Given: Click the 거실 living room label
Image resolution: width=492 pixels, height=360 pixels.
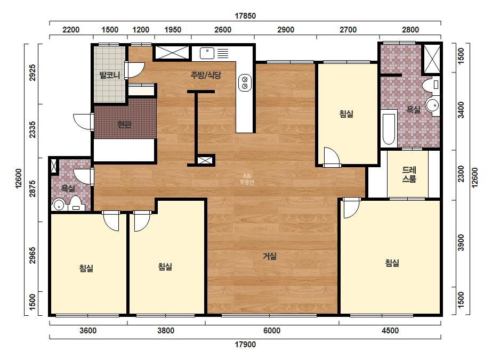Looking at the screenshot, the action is [x=270, y=256].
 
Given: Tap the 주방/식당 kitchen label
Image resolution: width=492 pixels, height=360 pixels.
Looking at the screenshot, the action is [x=206, y=75].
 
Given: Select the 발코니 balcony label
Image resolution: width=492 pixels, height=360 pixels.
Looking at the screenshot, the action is [x=109, y=75].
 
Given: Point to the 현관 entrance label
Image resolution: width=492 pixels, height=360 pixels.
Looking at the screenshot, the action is [x=124, y=125].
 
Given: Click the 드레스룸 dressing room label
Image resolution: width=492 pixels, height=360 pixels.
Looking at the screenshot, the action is [x=409, y=174].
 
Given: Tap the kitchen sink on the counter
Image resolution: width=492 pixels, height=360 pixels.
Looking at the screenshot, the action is [x=207, y=53].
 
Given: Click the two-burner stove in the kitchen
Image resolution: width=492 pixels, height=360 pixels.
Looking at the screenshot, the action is [x=245, y=83].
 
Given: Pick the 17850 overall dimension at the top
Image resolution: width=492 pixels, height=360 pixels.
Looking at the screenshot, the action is [x=245, y=15].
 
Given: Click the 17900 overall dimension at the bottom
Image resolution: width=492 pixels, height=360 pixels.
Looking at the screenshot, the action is [x=245, y=345].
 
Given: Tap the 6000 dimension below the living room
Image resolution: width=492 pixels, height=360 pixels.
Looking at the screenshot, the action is [x=272, y=331].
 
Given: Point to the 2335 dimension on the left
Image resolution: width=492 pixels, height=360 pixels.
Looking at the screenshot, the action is [x=33, y=130].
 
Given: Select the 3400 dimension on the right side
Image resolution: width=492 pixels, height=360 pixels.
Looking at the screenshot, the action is [x=461, y=110].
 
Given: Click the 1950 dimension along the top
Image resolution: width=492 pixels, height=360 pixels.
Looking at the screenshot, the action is [x=173, y=30].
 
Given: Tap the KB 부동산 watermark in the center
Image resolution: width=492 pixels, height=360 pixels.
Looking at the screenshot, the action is [x=247, y=179].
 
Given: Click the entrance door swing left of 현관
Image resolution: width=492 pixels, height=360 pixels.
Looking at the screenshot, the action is [x=82, y=121].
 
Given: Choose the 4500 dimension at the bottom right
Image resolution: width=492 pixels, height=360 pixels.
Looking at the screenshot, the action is [x=390, y=331].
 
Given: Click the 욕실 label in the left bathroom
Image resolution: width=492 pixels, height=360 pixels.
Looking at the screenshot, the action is [x=68, y=188].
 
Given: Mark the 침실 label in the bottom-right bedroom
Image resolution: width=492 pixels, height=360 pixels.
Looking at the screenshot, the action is [x=392, y=263].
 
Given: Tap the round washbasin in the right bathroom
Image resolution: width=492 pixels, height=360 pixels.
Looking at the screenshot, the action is [x=433, y=105].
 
